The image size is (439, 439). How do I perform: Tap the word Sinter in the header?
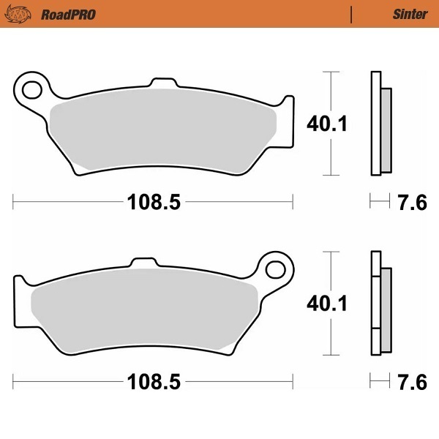[410, 14]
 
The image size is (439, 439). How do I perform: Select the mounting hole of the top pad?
[31, 90]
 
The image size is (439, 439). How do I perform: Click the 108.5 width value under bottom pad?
[154, 382]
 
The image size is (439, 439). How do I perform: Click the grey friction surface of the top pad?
[161, 132]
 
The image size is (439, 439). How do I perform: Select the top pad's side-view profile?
[379, 124]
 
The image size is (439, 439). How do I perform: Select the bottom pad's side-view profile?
[379, 303]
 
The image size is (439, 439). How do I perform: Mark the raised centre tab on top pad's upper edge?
[162, 81]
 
